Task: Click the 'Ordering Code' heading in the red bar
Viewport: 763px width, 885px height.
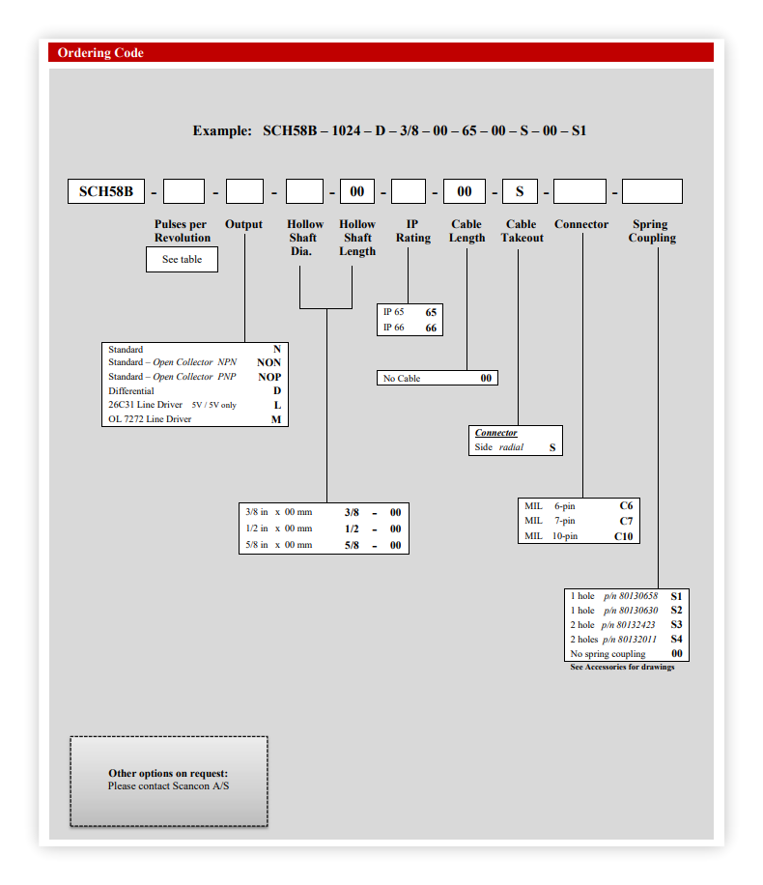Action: coord(100,52)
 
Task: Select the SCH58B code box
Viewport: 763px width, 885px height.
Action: coord(106,191)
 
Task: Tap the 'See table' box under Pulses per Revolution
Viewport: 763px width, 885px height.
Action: coord(182,260)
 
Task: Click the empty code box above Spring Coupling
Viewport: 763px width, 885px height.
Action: coord(652,191)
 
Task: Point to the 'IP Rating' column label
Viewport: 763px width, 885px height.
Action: coord(413,231)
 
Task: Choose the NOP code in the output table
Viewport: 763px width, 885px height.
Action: coord(269,377)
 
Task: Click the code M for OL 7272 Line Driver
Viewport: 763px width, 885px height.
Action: coord(276,419)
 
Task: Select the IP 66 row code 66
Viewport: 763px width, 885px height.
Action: coord(431,328)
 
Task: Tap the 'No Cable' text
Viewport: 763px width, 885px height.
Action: coord(402,378)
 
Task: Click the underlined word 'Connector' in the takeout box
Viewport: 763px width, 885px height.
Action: coord(495,432)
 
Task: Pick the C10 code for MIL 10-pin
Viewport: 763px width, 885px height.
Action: coord(624,536)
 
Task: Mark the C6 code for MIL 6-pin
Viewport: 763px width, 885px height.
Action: coord(626,505)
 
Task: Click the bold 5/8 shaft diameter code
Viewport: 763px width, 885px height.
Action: coord(352,545)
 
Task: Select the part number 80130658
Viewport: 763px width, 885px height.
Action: coord(638,596)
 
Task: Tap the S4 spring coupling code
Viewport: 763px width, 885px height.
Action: coord(677,639)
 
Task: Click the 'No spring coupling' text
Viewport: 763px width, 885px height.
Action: coord(608,653)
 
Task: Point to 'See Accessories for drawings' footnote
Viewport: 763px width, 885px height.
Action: coord(622,668)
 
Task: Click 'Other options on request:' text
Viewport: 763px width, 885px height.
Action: coord(168,773)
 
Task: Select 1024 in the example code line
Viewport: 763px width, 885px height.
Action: coord(346,131)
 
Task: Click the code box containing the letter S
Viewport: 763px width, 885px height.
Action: coord(520,191)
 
